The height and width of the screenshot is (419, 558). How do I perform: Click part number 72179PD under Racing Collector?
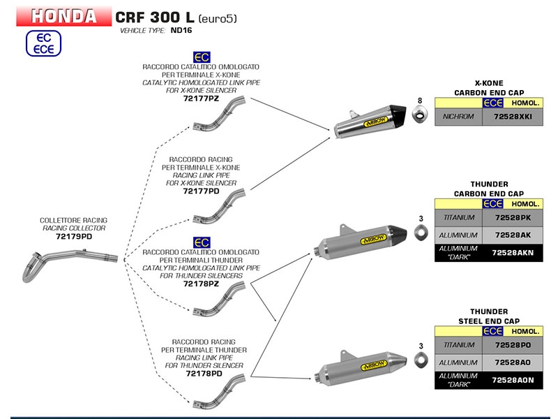point(74,237)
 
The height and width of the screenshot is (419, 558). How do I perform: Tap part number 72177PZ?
point(201,99)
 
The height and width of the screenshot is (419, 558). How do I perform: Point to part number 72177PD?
point(201,191)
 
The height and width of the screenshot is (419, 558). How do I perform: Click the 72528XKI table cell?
point(512,116)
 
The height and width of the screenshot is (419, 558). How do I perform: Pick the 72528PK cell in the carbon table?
point(512,219)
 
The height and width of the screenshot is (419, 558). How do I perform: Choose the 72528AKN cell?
point(512,252)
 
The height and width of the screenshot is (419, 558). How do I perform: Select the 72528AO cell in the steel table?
point(512,362)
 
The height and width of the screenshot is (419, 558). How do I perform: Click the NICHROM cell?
point(458,116)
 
